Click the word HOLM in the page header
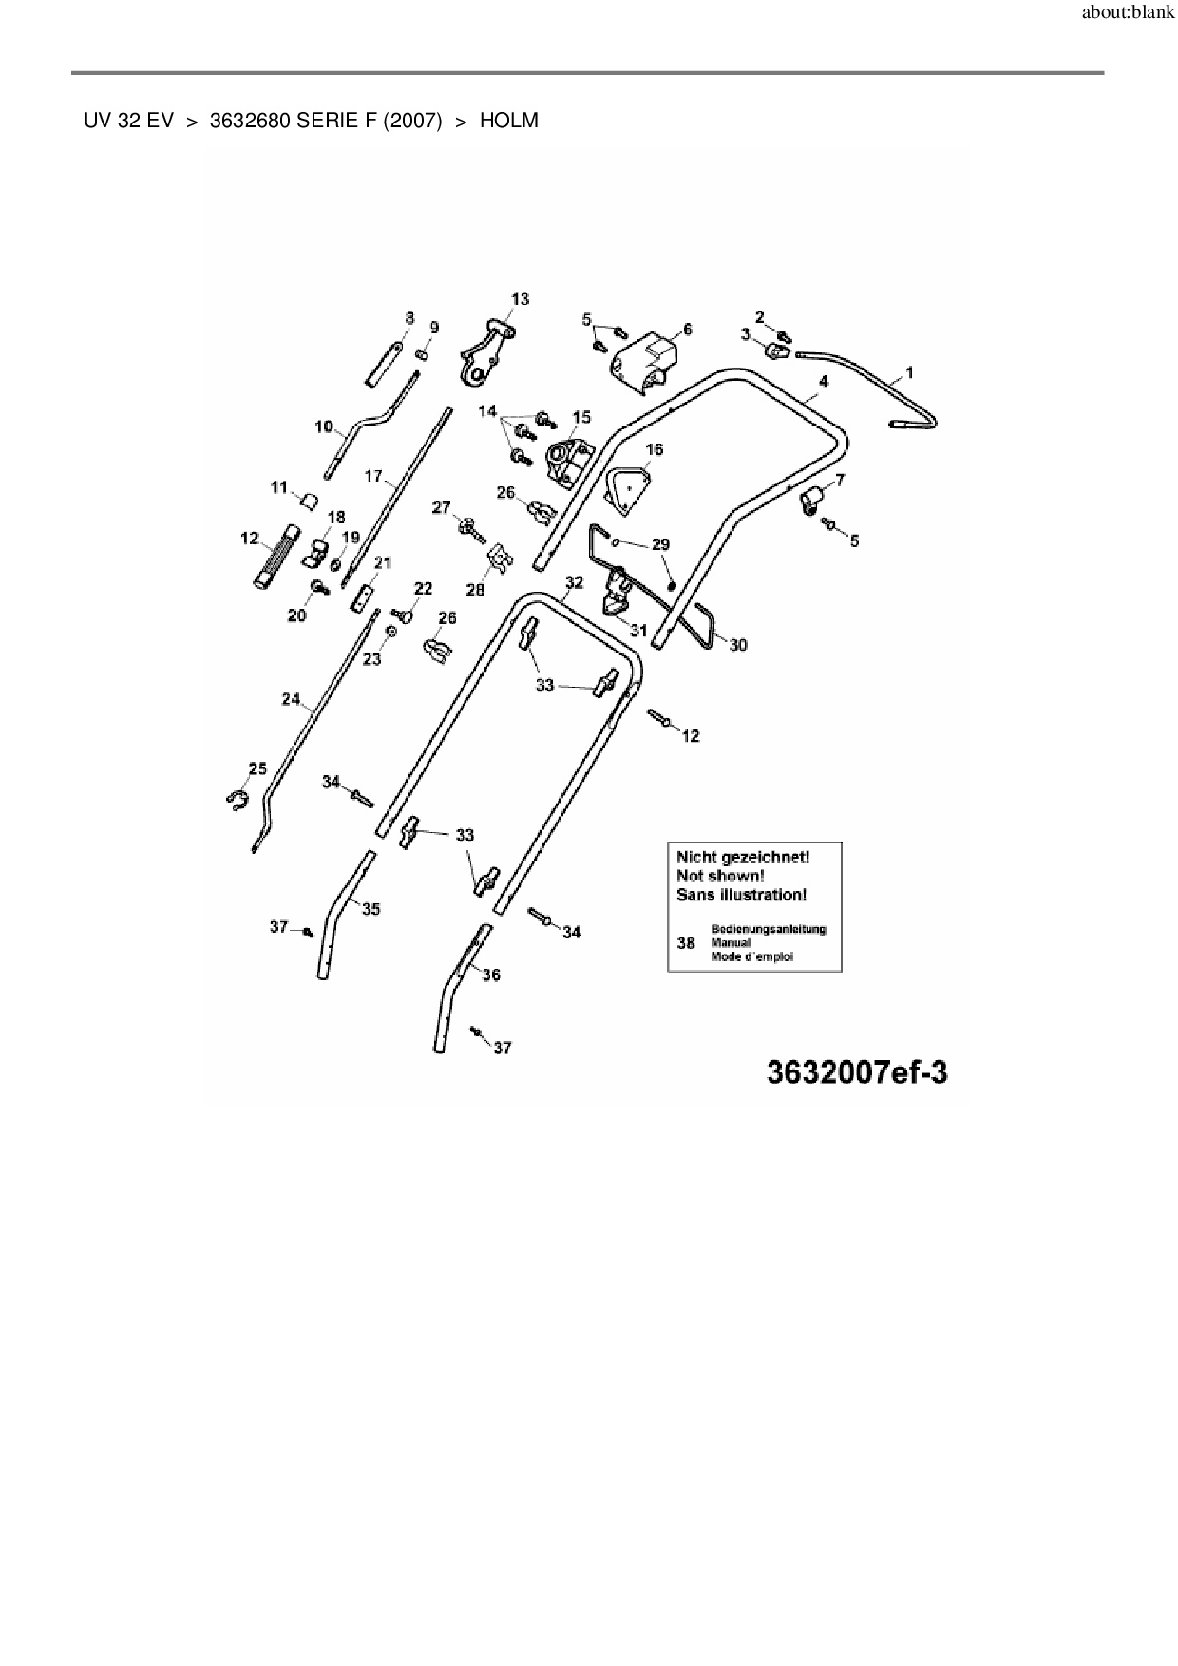pyautogui.click(x=508, y=122)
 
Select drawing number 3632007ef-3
pyautogui.click(x=856, y=1072)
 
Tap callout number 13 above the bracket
pyautogui.click(x=520, y=299)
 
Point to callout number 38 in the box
pyautogui.click(x=685, y=943)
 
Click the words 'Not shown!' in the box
pyautogui.click(x=719, y=876)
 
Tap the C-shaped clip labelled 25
pyautogui.click(x=237, y=800)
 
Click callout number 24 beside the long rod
pyautogui.click(x=291, y=700)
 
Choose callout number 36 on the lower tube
pyautogui.click(x=490, y=975)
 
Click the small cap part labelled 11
pyautogui.click(x=308, y=500)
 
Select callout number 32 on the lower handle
pyautogui.click(x=574, y=582)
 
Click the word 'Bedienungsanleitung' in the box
pyautogui.click(x=768, y=929)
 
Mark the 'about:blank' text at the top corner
pyautogui.click(x=1128, y=15)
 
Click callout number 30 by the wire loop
pyautogui.click(x=738, y=645)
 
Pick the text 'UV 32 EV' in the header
pyautogui.click(x=128, y=122)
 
